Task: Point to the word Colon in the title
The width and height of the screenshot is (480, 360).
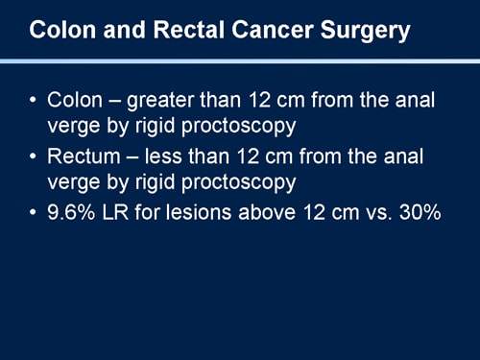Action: click(x=60, y=31)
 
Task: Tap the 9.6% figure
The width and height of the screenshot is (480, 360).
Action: click(x=73, y=209)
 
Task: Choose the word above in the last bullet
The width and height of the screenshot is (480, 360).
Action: click(x=274, y=209)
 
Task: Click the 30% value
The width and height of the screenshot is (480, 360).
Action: click(x=419, y=209)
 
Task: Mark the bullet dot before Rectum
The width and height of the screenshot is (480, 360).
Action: click(x=35, y=156)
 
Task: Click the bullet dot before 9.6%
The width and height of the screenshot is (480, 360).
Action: click(x=35, y=209)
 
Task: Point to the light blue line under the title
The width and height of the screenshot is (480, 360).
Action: click(x=240, y=60)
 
